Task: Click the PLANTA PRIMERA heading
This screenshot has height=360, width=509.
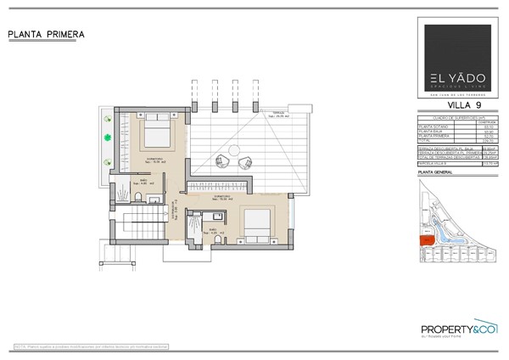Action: (x=46, y=34)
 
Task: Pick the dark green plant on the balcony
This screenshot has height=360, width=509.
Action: (x=108, y=137)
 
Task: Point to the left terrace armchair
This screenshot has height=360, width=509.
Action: (x=222, y=158)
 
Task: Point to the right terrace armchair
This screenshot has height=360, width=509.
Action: (x=246, y=163)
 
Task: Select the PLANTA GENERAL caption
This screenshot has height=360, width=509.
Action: (x=438, y=172)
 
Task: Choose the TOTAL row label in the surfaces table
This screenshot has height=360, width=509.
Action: (x=428, y=140)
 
